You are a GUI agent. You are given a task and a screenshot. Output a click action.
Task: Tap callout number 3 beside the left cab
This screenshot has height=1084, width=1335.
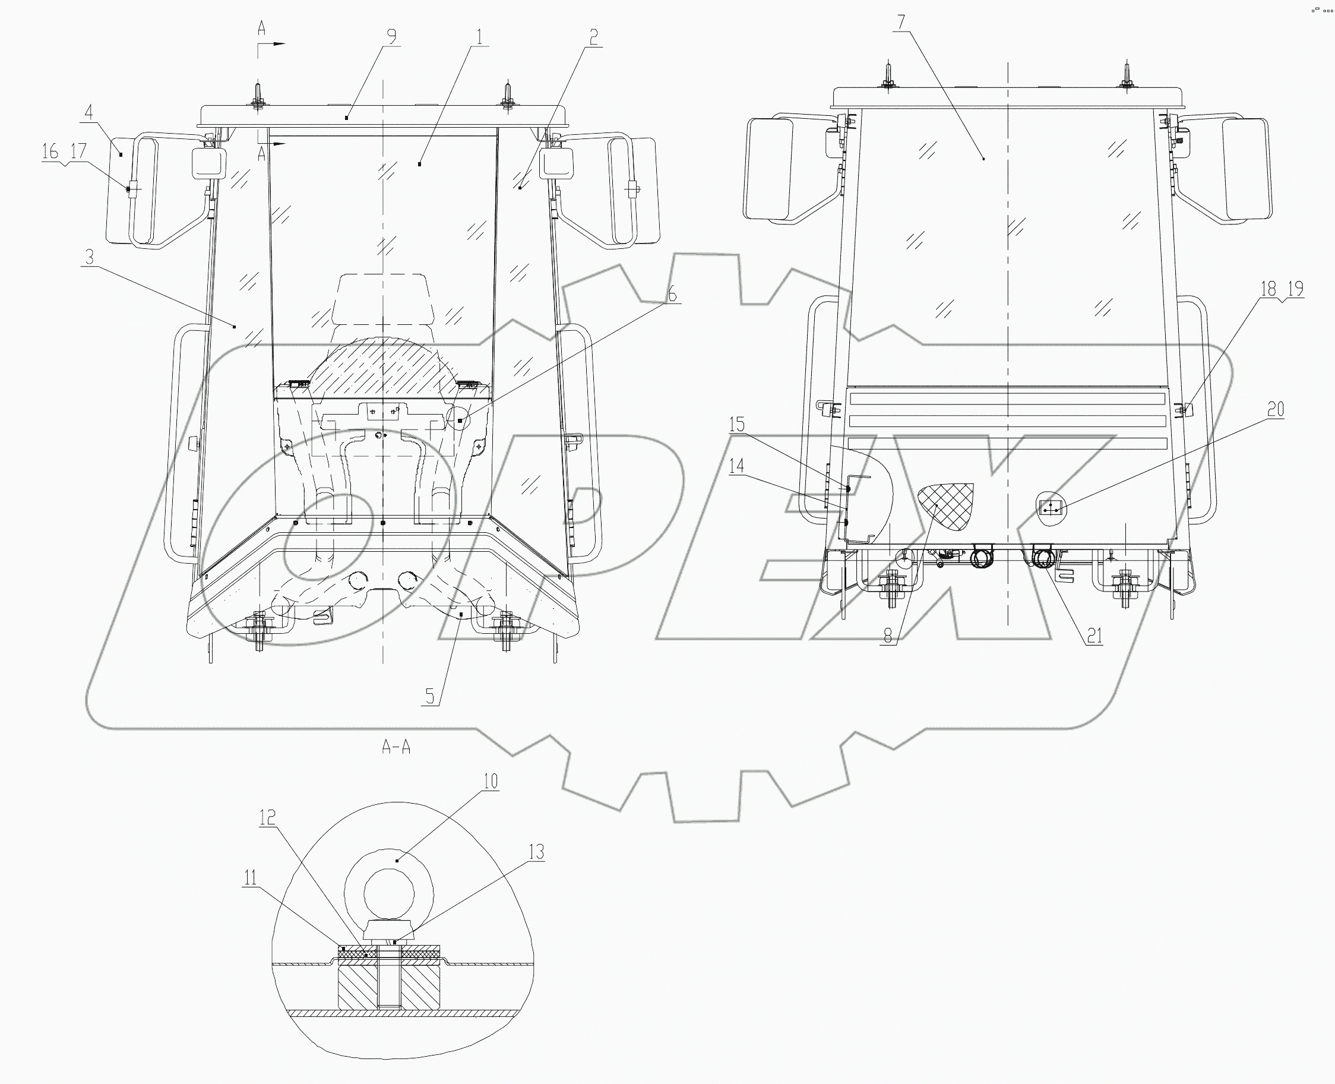[89, 257]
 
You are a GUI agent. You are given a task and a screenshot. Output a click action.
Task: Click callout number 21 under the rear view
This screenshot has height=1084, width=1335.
[1094, 636]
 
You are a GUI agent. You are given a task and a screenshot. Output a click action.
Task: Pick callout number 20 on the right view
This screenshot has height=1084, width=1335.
[1276, 409]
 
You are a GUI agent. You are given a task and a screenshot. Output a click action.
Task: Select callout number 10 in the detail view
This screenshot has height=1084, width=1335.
[491, 781]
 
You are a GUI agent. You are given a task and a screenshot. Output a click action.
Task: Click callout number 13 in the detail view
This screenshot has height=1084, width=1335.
[536, 852]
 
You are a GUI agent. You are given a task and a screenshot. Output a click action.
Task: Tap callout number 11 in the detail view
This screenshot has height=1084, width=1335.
[250, 878]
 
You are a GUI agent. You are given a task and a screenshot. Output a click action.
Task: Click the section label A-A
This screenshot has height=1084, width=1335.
[396, 747]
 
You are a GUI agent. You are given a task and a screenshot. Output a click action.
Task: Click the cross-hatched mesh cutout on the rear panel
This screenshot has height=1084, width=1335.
[947, 504]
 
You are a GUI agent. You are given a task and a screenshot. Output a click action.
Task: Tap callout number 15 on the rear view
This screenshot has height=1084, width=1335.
[738, 425]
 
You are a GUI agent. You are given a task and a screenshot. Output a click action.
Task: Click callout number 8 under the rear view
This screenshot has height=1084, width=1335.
[887, 636]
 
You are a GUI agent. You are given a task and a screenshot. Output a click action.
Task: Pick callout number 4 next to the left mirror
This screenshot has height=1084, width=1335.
[88, 112]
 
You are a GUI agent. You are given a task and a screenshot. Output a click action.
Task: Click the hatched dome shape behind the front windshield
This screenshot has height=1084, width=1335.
[383, 366]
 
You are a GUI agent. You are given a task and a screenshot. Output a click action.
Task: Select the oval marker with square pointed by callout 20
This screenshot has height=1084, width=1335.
[1051, 509]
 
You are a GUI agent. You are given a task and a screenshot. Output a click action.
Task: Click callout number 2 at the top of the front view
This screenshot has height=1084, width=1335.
[593, 37]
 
